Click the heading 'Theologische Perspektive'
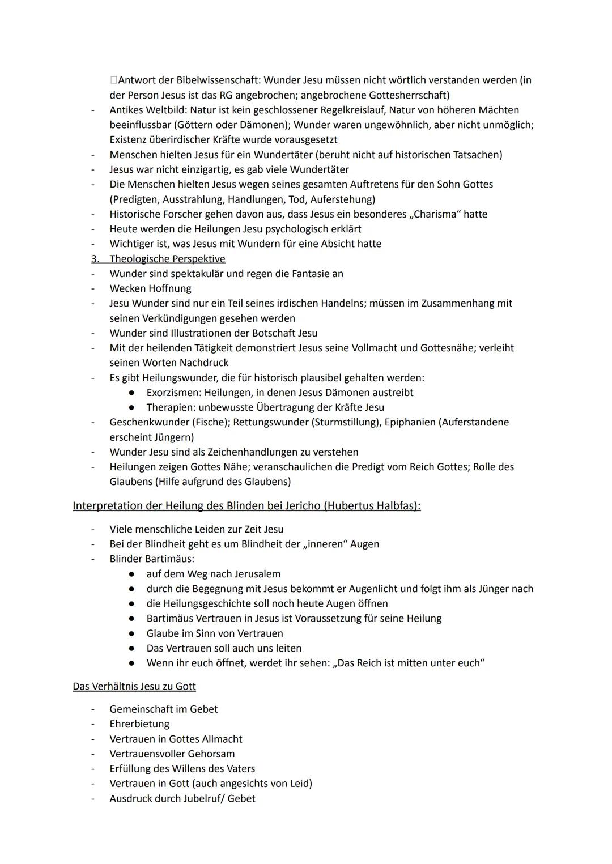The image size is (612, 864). pyautogui.click(x=167, y=259)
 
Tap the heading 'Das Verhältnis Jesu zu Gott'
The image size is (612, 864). pyautogui.click(x=134, y=686)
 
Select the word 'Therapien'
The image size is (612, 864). pyautogui.click(x=169, y=407)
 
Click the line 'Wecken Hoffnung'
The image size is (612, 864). pyautogui.click(x=150, y=288)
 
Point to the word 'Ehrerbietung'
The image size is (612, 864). pyautogui.click(x=139, y=724)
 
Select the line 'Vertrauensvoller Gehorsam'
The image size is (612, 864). pyautogui.click(x=172, y=754)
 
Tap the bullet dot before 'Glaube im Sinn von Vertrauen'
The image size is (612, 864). pyautogui.click(x=131, y=633)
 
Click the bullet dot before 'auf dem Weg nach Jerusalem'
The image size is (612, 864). pyautogui.click(x=131, y=574)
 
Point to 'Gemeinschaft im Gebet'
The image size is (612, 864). pyautogui.click(x=163, y=709)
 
